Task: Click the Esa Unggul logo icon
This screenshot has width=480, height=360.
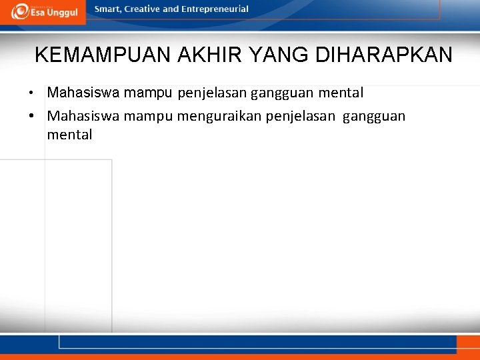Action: point(19,11)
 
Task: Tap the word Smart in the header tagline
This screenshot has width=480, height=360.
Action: point(109,9)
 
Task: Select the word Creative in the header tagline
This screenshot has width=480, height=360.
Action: point(142,9)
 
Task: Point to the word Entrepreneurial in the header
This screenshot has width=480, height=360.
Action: point(215,9)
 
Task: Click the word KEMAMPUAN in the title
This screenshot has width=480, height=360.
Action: point(103,55)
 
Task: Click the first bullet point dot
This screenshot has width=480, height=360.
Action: point(39,93)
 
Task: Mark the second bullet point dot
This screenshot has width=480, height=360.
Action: point(39,117)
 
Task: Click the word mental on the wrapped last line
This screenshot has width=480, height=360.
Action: point(69,135)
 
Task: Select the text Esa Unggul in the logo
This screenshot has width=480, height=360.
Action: point(55,13)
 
